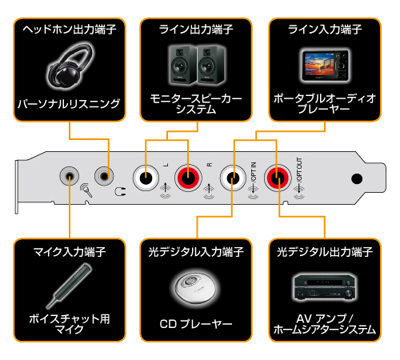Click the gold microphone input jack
71,174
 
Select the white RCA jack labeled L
148,174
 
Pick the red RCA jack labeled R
190,174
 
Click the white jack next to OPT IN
234,174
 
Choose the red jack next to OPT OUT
278,174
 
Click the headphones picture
69,67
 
